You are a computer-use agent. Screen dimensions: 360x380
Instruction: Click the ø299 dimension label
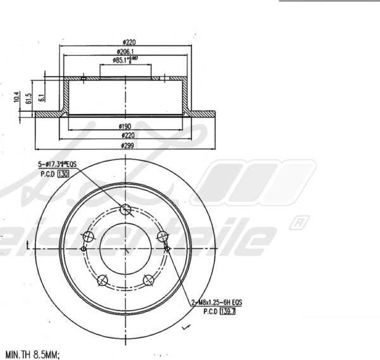click(x=127, y=146)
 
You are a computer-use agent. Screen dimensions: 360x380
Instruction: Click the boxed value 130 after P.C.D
click(x=63, y=173)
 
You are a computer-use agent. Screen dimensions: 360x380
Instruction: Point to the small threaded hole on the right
click(x=168, y=249)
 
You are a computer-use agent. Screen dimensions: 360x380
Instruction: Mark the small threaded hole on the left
click(x=84, y=249)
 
